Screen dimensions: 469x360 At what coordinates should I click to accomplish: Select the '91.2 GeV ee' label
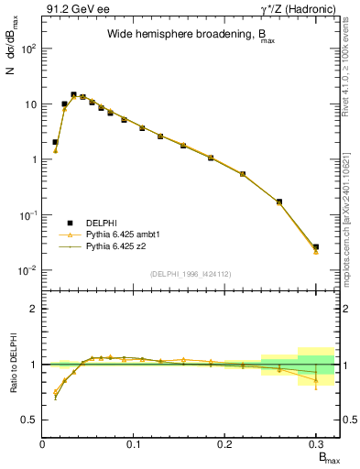coord(74,10)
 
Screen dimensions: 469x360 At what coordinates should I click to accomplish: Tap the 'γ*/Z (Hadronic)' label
coord(296,10)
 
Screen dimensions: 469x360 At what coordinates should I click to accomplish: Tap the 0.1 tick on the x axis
coord(134,444)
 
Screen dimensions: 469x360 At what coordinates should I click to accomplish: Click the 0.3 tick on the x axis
coord(316,444)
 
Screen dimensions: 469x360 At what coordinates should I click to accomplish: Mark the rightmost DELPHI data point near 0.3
coord(316,246)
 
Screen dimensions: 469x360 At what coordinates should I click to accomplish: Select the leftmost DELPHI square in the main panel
coord(56,142)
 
